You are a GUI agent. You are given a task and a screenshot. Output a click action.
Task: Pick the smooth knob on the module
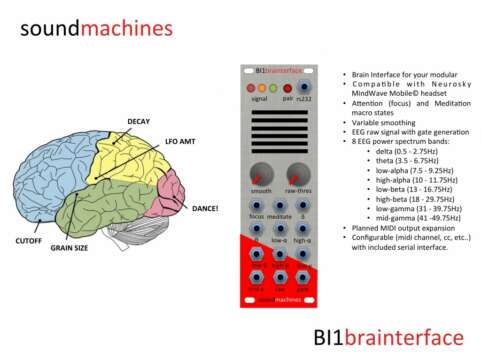point(262,172)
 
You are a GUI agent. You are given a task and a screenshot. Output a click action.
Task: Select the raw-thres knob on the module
point(298,172)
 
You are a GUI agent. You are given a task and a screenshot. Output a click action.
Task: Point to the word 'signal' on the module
point(258,100)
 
